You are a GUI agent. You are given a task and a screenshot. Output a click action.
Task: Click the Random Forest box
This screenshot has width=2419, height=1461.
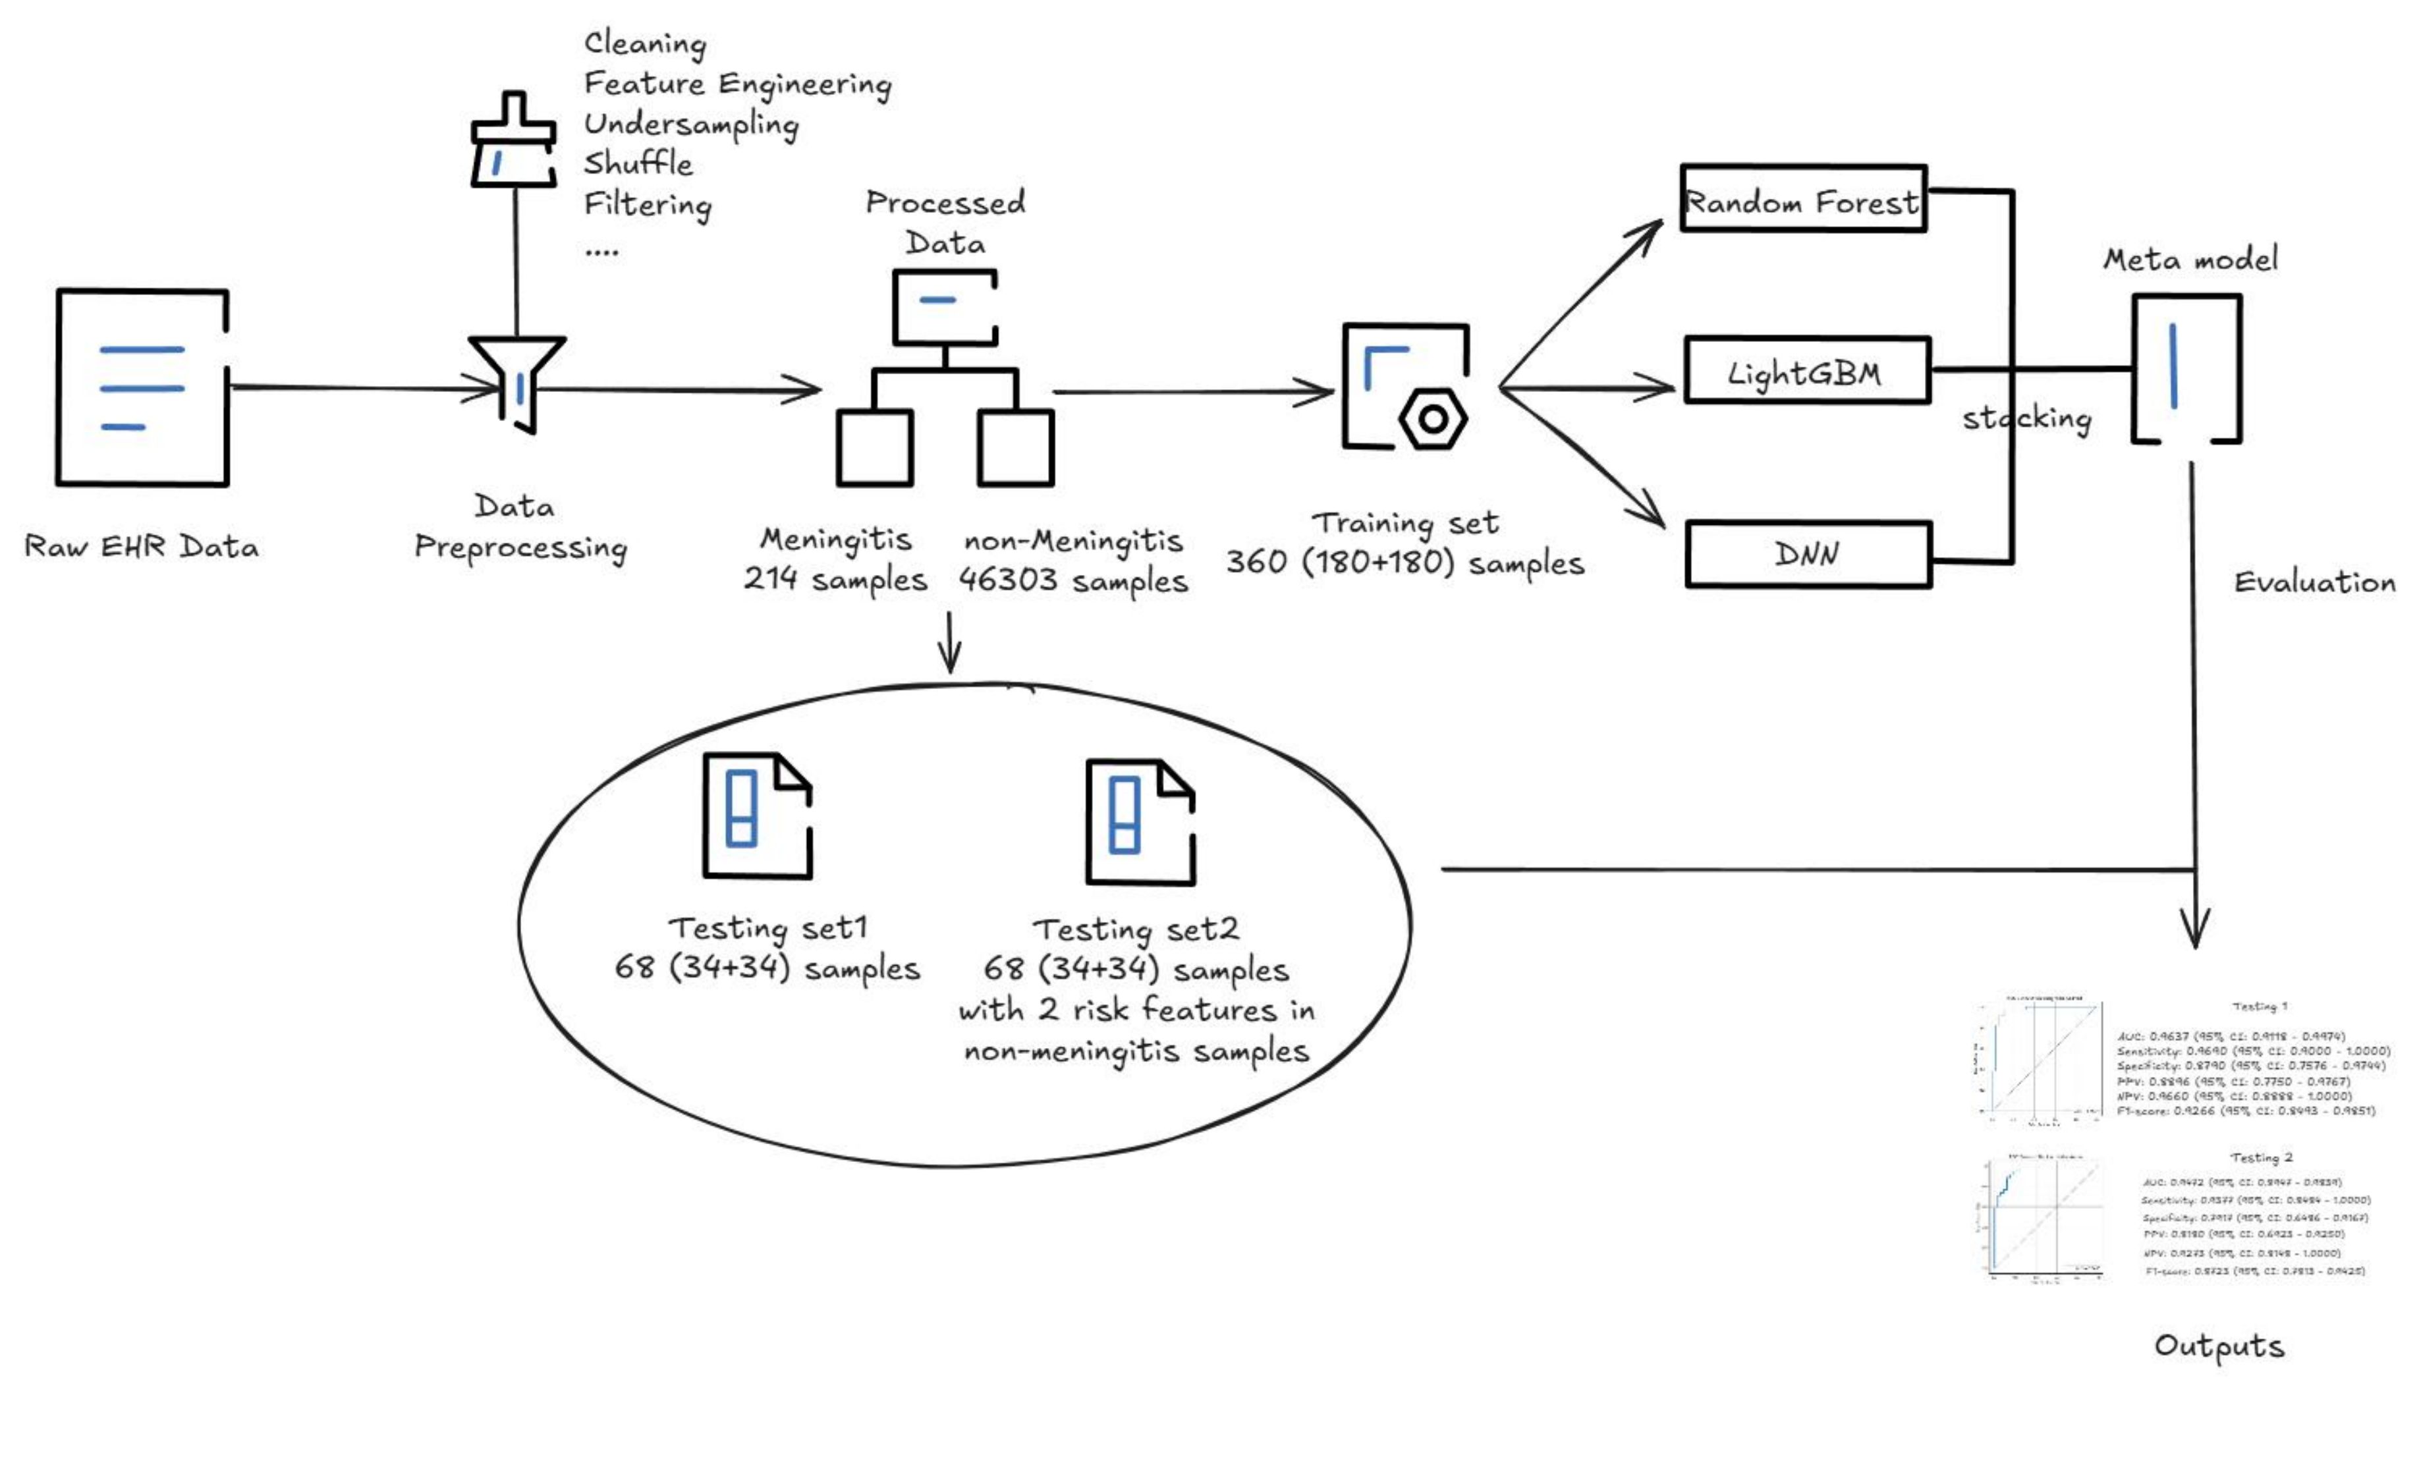point(1802,200)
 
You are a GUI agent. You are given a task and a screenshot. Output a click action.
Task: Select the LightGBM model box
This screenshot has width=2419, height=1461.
point(1806,371)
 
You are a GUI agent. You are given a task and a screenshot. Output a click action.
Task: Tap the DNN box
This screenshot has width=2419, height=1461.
point(1808,555)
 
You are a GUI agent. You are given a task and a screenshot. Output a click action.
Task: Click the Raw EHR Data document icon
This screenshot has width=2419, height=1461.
point(142,388)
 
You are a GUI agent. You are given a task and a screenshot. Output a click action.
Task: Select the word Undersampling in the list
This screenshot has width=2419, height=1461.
point(691,124)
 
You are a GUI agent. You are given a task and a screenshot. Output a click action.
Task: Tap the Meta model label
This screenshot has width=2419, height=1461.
point(2189,260)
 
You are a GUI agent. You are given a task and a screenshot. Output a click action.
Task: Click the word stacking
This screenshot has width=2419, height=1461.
point(2026,418)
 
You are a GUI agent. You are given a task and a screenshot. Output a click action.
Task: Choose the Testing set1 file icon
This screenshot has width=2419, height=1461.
point(757,816)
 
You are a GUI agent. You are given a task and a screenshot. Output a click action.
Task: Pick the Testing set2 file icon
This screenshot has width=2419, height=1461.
point(1139,822)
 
